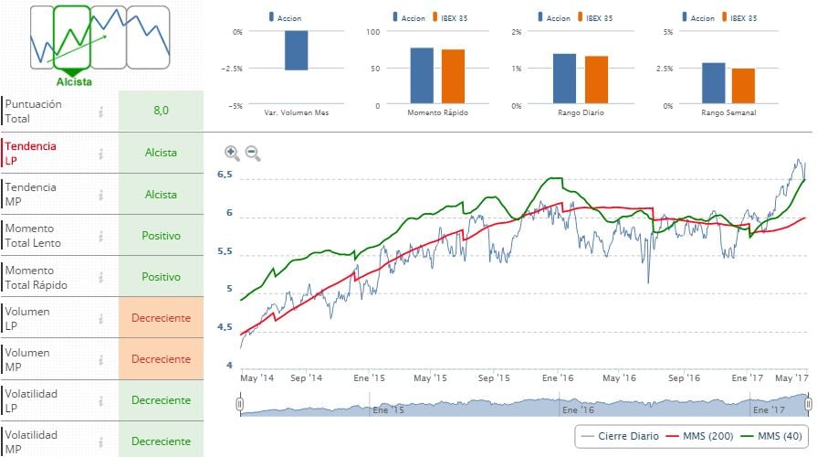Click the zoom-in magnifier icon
click(232, 154)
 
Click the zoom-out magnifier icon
click(253, 154)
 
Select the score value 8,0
click(161, 111)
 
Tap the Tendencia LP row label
click(31, 153)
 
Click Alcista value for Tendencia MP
click(161, 194)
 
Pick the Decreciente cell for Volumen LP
click(161, 318)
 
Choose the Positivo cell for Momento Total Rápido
click(161, 276)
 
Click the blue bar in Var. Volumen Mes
click(296, 50)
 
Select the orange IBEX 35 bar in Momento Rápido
click(453, 76)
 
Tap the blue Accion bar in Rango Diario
click(564, 79)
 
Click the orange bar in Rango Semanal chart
click(743, 85)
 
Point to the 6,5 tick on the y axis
click(225, 175)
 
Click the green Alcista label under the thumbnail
click(74, 81)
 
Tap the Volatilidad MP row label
click(31, 441)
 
